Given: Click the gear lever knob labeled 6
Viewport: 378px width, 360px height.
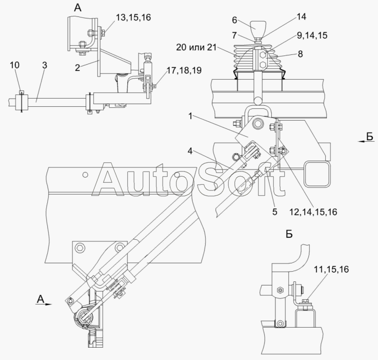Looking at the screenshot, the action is coord(257,28).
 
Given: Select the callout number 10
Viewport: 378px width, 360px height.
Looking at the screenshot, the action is coord(14,65).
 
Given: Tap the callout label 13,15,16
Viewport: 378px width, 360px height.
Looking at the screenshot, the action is coord(133,17).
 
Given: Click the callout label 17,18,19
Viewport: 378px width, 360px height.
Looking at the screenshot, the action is coord(184,70).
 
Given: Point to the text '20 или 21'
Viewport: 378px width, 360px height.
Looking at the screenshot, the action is coord(196,47).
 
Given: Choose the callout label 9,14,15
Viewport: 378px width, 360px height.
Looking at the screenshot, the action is coord(312,35).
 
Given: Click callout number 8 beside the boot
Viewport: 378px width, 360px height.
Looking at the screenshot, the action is coord(300,54).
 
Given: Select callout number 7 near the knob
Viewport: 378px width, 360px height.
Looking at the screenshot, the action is coord(234,35).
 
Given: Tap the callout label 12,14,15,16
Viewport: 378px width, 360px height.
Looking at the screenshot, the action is coord(313,212).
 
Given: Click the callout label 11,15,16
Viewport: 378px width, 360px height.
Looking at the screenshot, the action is coord(331,269).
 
